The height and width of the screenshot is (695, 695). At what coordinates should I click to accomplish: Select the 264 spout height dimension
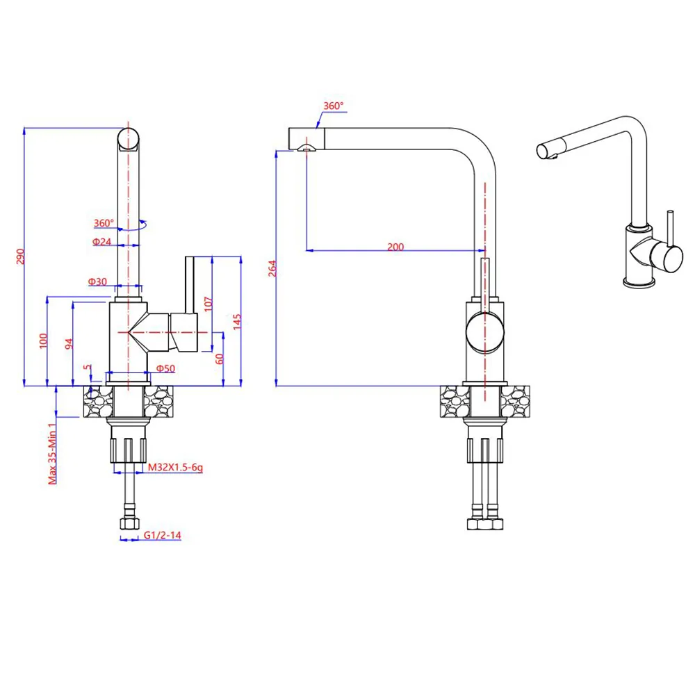tap(272, 268)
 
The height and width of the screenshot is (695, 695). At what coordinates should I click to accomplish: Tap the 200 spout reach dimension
tap(395, 247)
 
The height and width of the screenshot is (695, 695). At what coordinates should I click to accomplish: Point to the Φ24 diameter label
tap(101, 242)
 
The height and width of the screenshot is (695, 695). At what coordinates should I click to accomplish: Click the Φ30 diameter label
tap(97, 281)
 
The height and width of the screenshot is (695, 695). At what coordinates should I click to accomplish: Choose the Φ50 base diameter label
tap(165, 368)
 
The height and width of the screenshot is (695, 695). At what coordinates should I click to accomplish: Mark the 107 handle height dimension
tap(207, 303)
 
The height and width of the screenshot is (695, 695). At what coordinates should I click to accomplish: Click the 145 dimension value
tap(237, 321)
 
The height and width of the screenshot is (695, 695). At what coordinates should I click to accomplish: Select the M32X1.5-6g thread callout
tap(175, 468)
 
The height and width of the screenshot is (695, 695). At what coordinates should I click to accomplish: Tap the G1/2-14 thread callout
tap(163, 535)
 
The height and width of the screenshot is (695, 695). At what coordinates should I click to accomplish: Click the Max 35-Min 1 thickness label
tap(51, 453)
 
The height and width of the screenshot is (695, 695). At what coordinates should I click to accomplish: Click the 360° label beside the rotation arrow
tap(104, 223)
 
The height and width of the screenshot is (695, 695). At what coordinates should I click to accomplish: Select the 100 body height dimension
tap(43, 341)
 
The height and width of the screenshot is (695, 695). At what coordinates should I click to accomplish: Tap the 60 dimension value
tap(220, 359)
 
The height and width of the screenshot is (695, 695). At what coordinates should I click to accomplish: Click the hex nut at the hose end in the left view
tap(128, 523)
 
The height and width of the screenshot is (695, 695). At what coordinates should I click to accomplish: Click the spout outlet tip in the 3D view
tap(544, 149)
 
